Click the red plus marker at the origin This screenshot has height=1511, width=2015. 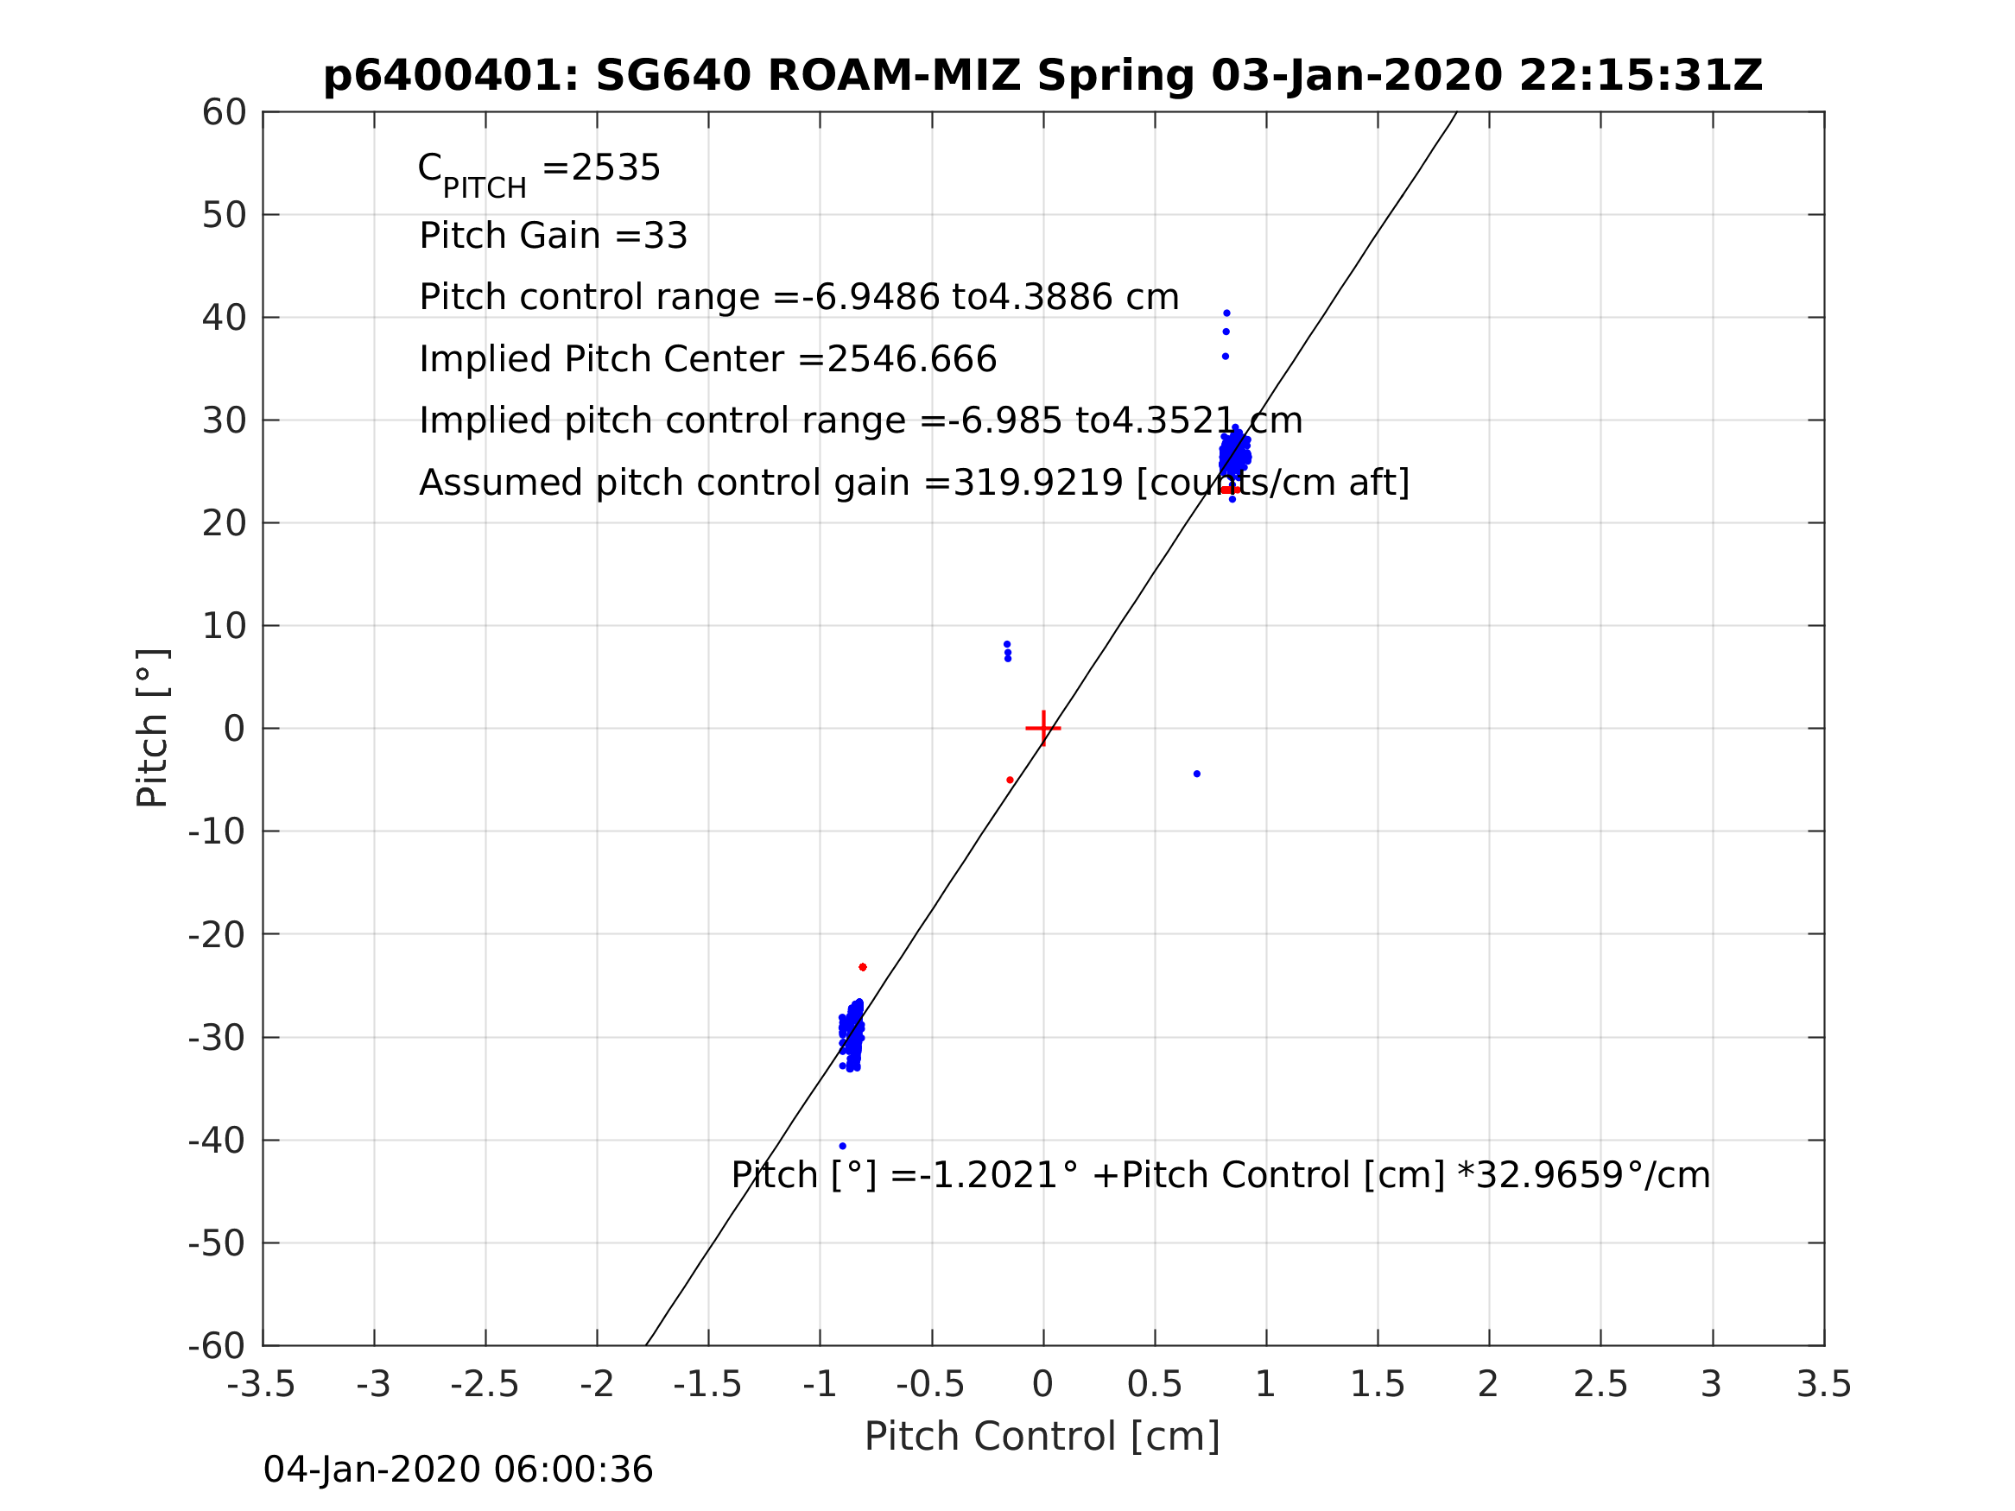(1043, 729)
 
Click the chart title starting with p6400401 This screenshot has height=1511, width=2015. (1043, 76)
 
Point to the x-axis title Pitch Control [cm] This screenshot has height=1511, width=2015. (1042, 1437)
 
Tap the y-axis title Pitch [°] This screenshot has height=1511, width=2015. (152, 728)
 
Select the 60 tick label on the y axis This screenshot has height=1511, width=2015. (224, 113)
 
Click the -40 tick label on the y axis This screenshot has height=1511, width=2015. (217, 1141)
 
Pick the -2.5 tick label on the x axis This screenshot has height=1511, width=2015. (485, 1384)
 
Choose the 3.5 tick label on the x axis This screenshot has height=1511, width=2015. (1824, 1384)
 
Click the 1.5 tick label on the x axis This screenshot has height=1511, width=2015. (1378, 1384)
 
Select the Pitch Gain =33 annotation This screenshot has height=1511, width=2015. (553, 236)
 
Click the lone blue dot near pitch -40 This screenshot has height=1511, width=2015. (843, 1146)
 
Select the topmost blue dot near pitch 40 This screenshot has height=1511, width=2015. (1227, 313)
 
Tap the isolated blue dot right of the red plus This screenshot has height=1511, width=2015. (1197, 774)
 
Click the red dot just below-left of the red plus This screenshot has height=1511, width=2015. (1011, 781)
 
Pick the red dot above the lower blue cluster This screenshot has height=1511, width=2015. (863, 967)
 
